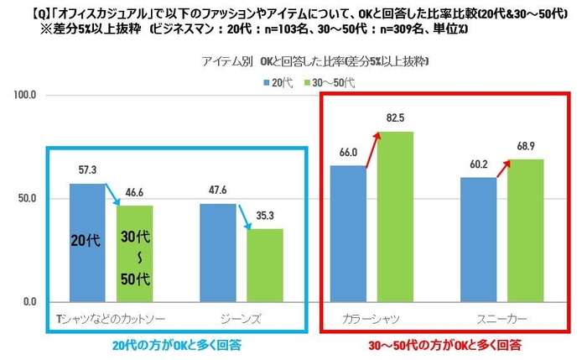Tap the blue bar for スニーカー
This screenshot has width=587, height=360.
pos(479,239)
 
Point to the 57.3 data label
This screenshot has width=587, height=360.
pos(86,170)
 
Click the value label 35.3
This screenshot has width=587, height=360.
pos(264,216)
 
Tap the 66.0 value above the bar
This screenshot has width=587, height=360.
pos(347,153)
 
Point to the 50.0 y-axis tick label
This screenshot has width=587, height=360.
pos(29,199)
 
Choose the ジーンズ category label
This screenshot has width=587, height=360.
pos(242,319)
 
